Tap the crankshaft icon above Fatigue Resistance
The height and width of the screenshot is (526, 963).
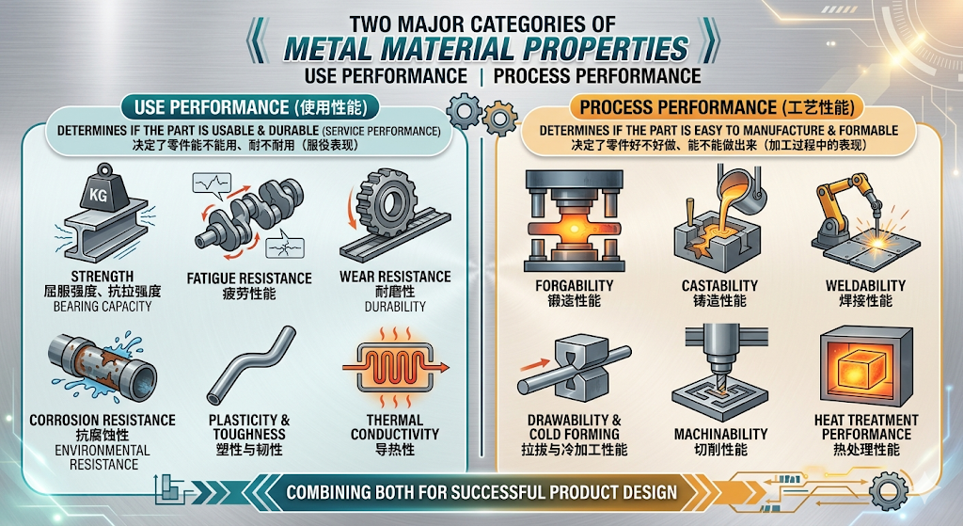pos(248,215)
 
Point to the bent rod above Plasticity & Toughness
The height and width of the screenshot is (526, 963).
pos(251,365)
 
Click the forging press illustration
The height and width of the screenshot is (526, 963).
pos(575,221)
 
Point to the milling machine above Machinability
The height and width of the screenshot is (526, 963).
pos(719,373)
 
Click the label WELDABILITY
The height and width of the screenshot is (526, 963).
pos(865,286)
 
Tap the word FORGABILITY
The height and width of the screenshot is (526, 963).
pos(575,286)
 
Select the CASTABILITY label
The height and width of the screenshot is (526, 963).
pos(719,286)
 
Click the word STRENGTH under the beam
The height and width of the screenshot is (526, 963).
pos(102,277)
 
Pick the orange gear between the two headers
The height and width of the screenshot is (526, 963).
pos(499,117)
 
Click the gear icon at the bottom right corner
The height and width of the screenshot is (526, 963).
pos(889,491)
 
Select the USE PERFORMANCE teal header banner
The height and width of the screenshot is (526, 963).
pos(249,107)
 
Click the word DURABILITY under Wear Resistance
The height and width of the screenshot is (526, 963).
pos(395,306)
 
